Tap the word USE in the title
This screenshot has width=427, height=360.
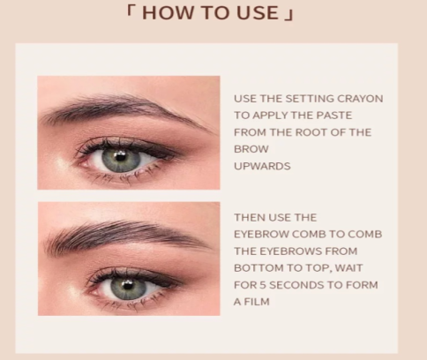(x=258, y=13)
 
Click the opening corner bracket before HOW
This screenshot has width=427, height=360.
(x=130, y=11)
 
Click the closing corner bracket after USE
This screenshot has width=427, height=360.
(x=289, y=16)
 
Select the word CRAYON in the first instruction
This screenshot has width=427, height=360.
(x=360, y=99)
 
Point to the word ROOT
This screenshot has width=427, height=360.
(x=311, y=132)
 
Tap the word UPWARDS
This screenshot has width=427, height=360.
(x=262, y=166)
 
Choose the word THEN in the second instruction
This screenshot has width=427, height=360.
(x=249, y=218)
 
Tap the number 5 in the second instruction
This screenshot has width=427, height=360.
(x=263, y=285)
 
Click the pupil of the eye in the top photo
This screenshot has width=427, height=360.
(x=120, y=156)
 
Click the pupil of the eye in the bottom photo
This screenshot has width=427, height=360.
(x=127, y=285)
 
